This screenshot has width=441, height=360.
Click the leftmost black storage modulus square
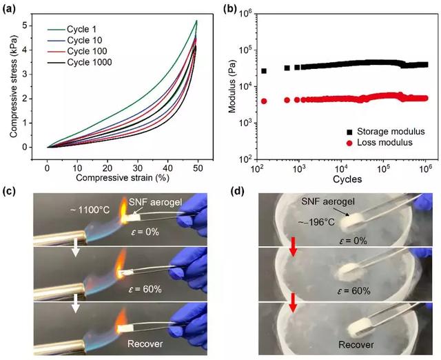pos(264,71)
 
